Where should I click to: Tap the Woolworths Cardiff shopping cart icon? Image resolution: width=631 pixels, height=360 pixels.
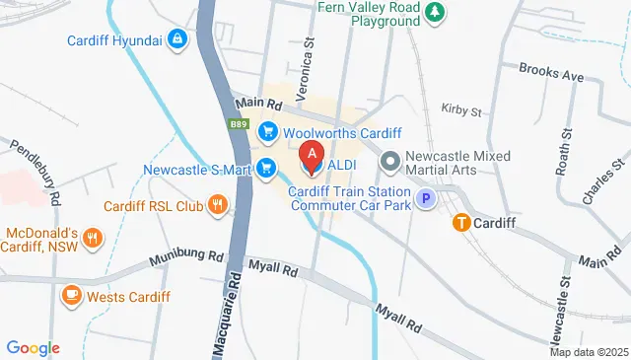[266, 131]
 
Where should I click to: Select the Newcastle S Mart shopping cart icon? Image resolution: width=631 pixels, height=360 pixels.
[265, 169]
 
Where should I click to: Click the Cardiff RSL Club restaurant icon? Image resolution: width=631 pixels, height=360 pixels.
[218, 206]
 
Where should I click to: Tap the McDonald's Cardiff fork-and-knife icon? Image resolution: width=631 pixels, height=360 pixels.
[92, 238]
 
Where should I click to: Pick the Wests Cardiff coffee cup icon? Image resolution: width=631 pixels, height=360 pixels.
[72, 295]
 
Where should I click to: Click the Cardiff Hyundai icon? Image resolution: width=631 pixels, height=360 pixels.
[176, 39]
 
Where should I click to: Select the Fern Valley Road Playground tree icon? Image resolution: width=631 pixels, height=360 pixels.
[436, 12]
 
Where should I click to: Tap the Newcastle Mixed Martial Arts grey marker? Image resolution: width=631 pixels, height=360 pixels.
[390, 160]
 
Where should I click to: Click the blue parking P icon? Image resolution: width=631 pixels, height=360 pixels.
[426, 199]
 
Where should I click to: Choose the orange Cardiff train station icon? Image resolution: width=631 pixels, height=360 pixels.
[460, 223]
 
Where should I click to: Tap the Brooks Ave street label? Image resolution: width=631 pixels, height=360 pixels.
[551, 75]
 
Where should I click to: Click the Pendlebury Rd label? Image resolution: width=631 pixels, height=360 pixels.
[36, 164]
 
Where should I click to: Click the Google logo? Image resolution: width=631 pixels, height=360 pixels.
[34, 347]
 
